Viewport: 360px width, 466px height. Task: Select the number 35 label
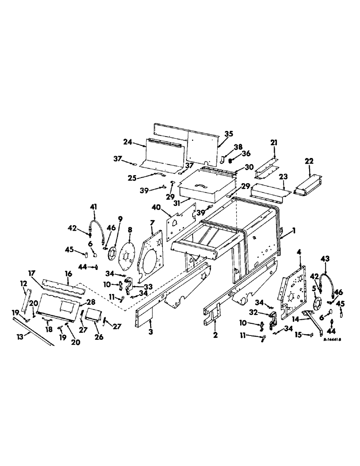click(x=228, y=133)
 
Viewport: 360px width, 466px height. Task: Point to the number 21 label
click(x=274, y=142)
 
